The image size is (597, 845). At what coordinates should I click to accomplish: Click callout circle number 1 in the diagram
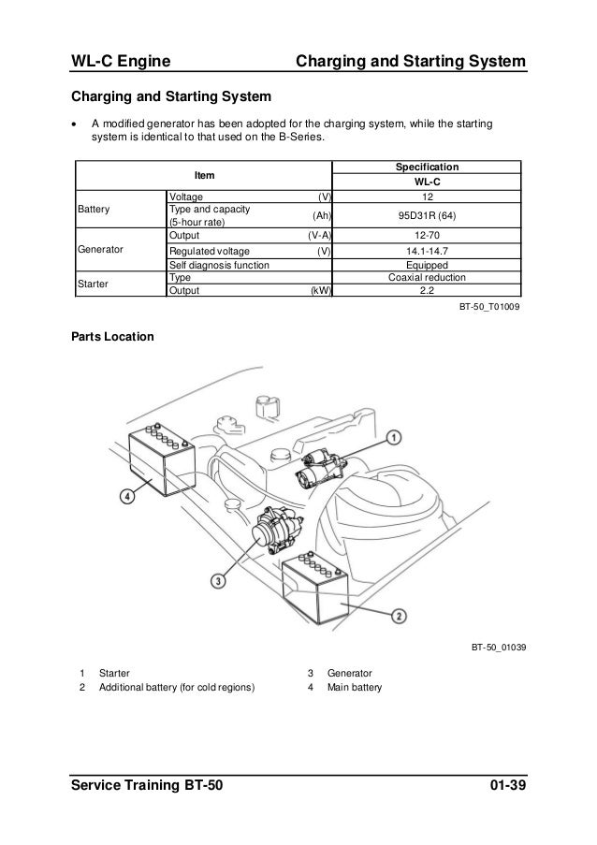click(395, 437)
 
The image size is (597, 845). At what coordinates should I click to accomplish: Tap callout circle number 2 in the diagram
click(398, 615)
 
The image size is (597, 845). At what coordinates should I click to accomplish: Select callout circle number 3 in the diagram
click(219, 581)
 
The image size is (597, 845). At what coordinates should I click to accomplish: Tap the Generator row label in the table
click(102, 251)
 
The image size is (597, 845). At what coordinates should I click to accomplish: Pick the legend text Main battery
click(356, 690)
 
